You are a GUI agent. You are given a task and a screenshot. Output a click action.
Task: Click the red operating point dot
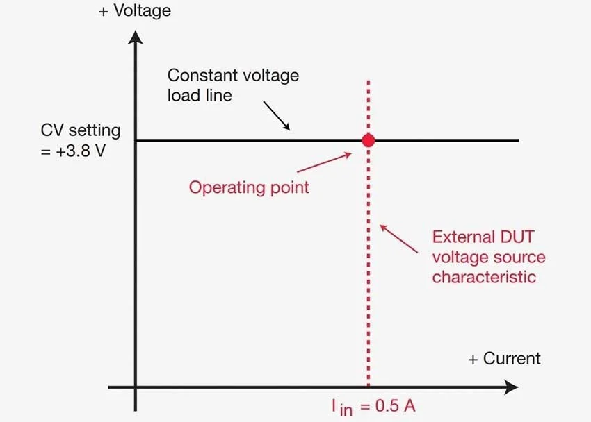(x=369, y=140)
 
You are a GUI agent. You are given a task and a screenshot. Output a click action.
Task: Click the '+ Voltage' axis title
(x=135, y=11)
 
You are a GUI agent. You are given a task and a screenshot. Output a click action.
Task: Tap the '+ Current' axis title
(x=504, y=358)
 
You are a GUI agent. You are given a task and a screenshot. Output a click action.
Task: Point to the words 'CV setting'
(x=81, y=130)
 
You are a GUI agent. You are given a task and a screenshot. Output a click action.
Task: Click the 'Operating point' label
(x=249, y=187)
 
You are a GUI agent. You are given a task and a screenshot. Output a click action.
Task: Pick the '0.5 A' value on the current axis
(x=393, y=405)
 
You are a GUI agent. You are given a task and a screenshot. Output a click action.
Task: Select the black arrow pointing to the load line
(x=276, y=115)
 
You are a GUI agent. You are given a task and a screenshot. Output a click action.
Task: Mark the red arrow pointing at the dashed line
(x=400, y=237)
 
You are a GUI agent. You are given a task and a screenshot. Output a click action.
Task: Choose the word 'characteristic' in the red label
(x=484, y=277)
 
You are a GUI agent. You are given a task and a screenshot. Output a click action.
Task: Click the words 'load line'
(x=200, y=94)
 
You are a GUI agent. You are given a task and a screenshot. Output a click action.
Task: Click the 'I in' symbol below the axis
(x=341, y=407)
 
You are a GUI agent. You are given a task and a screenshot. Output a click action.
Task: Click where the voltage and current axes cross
(x=135, y=387)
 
